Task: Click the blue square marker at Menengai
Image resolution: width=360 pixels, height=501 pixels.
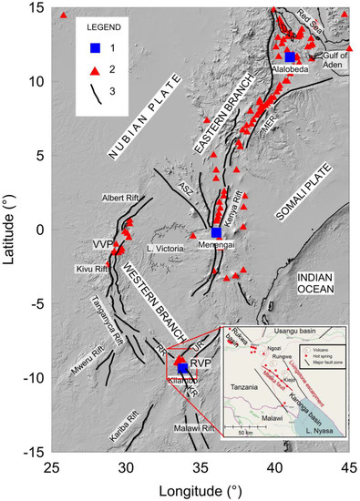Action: (216, 232)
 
